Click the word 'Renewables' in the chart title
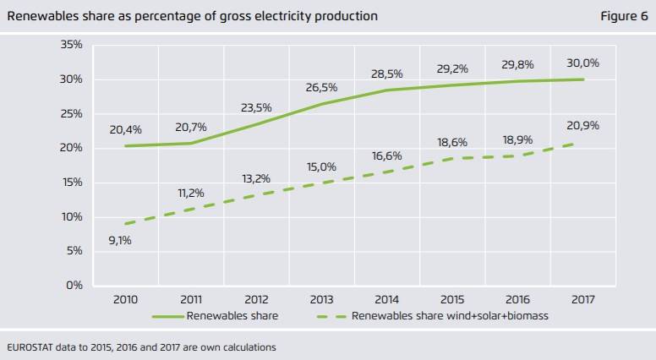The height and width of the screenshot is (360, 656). tap(40, 16)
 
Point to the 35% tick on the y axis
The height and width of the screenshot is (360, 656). tap(71, 44)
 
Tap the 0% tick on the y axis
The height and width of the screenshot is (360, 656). tap(74, 286)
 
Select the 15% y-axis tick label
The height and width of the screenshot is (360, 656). tap(71, 183)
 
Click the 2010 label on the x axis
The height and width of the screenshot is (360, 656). tap(125, 300)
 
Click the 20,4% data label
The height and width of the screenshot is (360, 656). tap(125, 129)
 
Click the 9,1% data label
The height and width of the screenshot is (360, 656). tap(119, 240)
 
